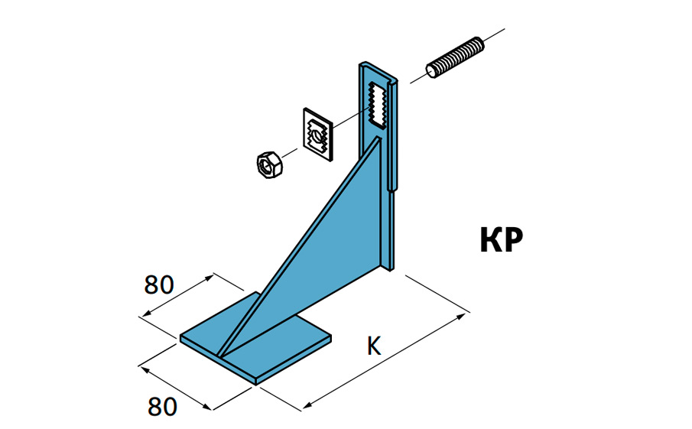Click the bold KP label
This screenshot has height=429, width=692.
click(x=501, y=240)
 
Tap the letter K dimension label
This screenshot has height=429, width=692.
click(x=374, y=346)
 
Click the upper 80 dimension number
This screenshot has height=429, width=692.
click(x=159, y=284)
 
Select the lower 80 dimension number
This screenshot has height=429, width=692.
click(x=162, y=407)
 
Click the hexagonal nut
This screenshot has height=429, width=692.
click(x=270, y=164)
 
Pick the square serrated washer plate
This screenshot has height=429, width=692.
click(x=318, y=134)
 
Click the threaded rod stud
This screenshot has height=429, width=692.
click(x=455, y=58)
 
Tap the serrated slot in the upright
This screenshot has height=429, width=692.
click(x=377, y=105)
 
